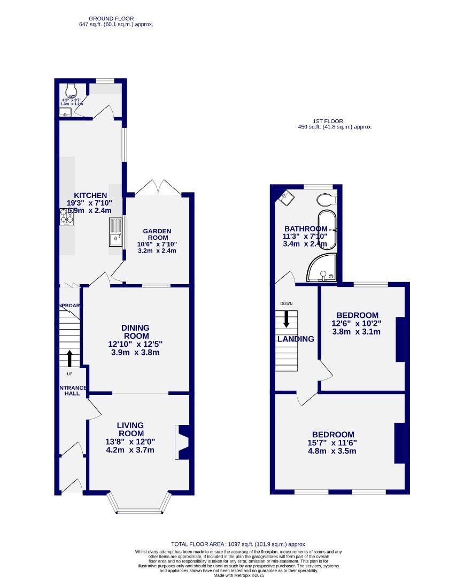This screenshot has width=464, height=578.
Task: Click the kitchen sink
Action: (116, 232)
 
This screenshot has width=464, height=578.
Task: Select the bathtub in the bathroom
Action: (328, 230)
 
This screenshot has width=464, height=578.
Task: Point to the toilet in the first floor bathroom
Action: (326, 200)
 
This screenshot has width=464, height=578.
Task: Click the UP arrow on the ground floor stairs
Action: (69, 358)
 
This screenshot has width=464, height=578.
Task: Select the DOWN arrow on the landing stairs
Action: (287, 318)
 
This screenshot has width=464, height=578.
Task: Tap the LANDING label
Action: (296, 339)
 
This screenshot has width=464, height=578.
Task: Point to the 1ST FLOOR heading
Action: (328, 121)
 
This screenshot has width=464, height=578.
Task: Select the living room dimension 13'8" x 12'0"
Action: (130, 442)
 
